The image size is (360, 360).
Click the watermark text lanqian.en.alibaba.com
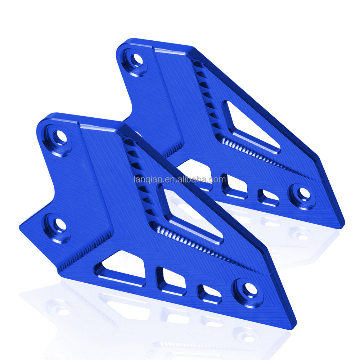(x=180, y=179)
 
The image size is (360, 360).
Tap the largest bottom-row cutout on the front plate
(x=121, y=268)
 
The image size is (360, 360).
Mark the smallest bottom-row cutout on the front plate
(x=210, y=293)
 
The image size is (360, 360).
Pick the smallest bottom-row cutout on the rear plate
(x=268, y=197)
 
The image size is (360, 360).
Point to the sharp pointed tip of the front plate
(x=293, y=326)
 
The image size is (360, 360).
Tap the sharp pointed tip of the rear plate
(x=342, y=225)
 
